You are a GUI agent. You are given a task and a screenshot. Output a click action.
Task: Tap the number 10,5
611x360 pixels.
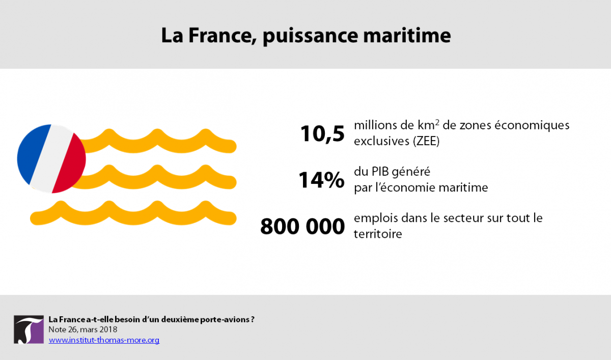tap(322, 134)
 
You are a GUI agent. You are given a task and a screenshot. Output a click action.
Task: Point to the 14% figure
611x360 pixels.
tap(321, 180)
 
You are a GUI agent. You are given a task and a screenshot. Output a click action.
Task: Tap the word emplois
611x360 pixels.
tap(376, 218)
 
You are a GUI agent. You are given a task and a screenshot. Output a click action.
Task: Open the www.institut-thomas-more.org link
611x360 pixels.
tap(104, 340)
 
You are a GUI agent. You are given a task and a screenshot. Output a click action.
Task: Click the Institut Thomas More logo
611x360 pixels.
tap(29, 329)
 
